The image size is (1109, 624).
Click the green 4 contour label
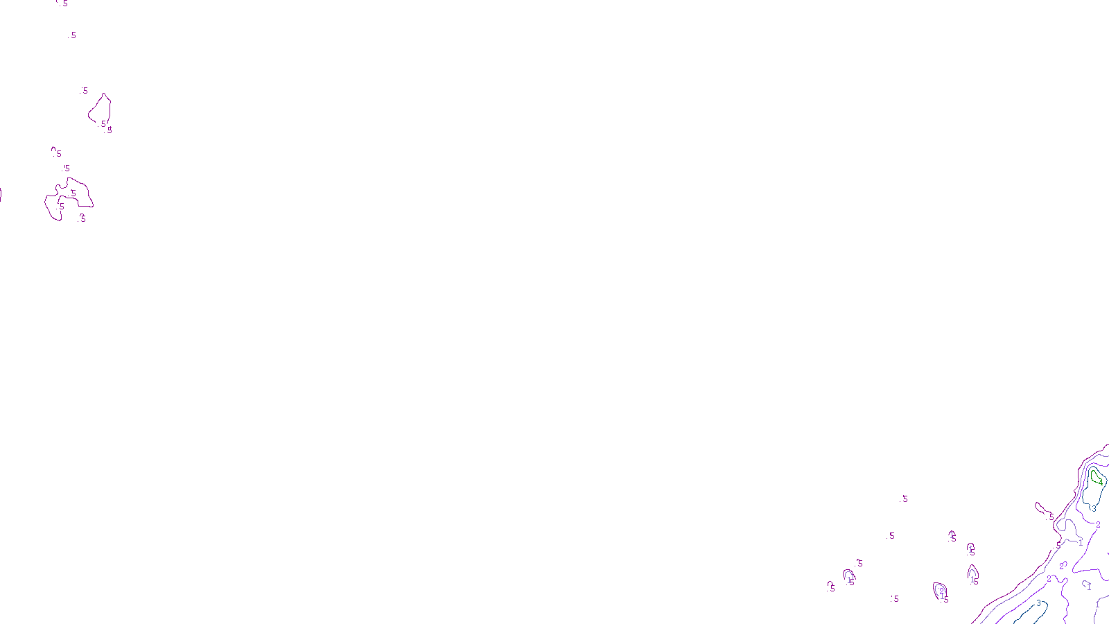[1100, 482]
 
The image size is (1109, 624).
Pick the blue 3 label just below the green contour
[1094, 508]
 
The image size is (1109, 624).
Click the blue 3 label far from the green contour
[1038, 603]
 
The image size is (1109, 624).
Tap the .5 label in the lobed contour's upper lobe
[73, 193]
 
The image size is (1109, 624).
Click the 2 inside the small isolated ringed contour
[941, 591]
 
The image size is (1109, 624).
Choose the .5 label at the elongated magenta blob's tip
[1051, 517]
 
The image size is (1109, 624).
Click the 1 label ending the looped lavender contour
[1081, 543]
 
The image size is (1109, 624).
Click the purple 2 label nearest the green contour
[1098, 525]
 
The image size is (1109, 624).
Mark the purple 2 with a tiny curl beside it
[1062, 566]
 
